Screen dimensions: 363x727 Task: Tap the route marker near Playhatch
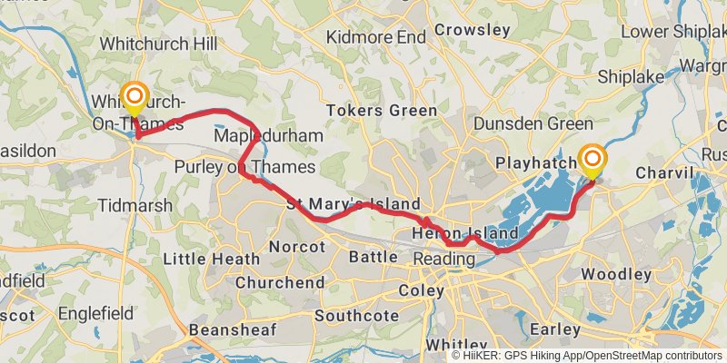click(593, 161)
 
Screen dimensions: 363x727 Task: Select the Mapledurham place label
click(268, 135)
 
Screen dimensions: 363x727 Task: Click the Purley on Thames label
click(244, 168)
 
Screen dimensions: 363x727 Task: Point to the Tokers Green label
click(394, 111)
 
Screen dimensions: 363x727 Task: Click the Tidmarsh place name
click(134, 205)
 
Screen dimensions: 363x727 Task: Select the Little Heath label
click(211, 260)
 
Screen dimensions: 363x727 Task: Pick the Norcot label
click(297, 246)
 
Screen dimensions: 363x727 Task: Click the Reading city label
click(444, 260)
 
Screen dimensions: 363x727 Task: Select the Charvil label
click(664, 172)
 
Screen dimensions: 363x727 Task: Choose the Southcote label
click(356, 316)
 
